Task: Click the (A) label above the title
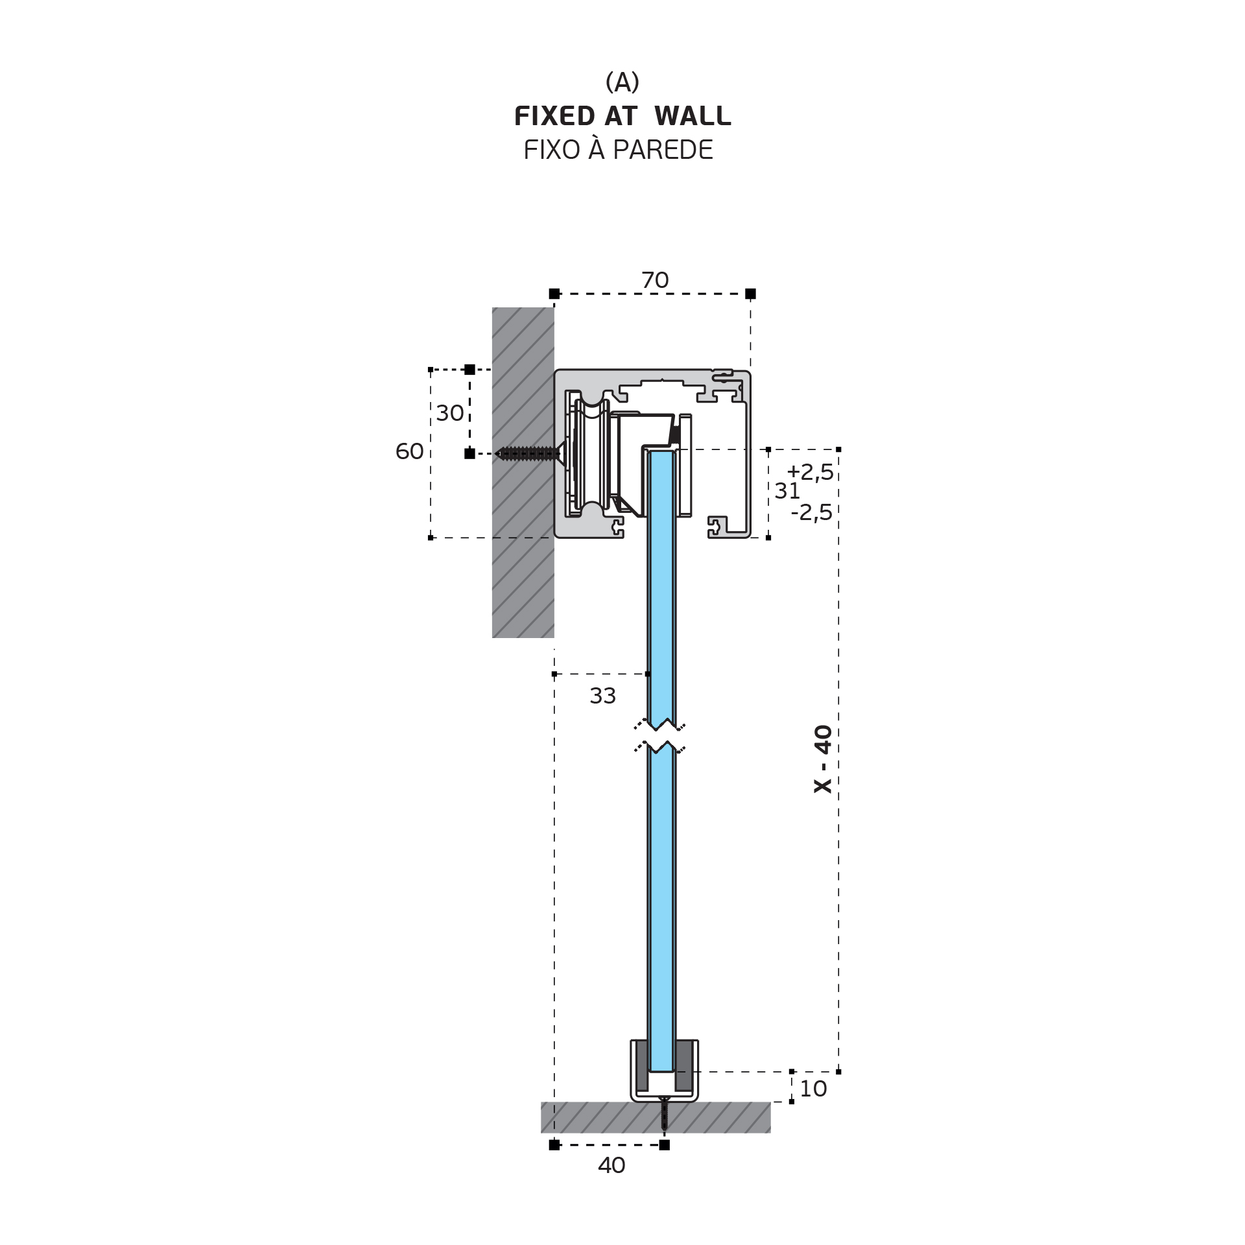(x=622, y=82)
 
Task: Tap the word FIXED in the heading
(x=554, y=117)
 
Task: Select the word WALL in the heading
(x=693, y=117)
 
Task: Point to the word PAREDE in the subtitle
(x=663, y=150)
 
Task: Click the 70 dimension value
(x=655, y=280)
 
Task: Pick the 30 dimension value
(x=450, y=413)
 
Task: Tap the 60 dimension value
(x=409, y=451)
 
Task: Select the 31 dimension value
(x=787, y=492)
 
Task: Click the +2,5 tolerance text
(x=810, y=472)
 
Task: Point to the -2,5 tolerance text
(x=811, y=512)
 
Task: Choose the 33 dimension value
(x=602, y=696)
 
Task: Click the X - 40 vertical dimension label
(x=823, y=759)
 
